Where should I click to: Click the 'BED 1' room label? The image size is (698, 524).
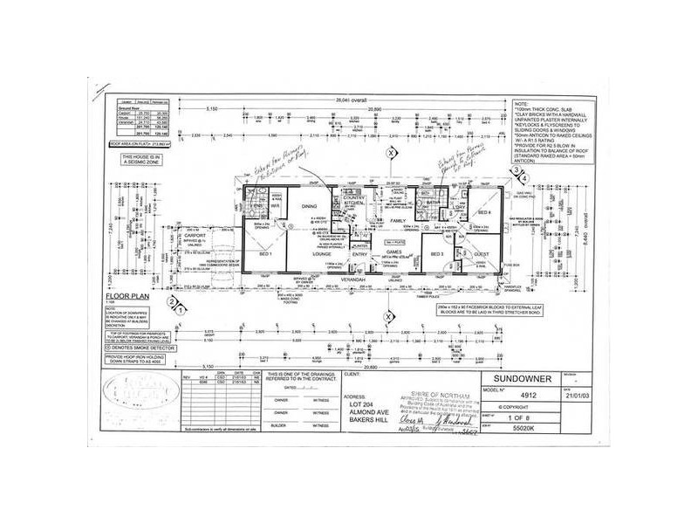click(x=266, y=254)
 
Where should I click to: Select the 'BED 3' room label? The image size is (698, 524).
click(x=436, y=254)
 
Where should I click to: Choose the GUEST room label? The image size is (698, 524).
click(x=480, y=253)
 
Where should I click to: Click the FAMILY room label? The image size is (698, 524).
click(x=399, y=221)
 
